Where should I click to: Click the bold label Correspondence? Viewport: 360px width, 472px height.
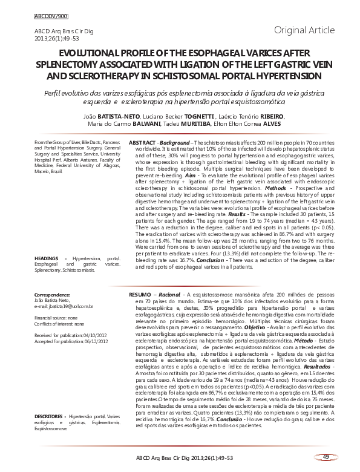53,295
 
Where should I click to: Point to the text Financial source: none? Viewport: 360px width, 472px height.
56,317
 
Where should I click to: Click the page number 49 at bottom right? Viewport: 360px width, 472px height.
326,456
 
